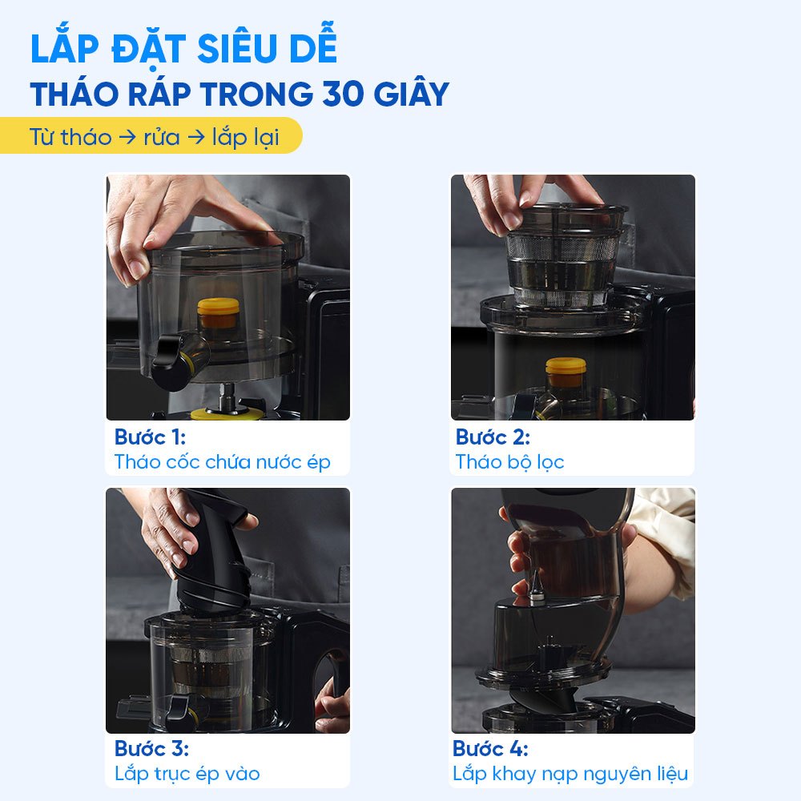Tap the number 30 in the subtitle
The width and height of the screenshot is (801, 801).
(x=343, y=94)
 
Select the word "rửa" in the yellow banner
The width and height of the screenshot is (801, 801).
(x=162, y=137)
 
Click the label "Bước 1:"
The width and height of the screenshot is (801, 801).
(x=150, y=437)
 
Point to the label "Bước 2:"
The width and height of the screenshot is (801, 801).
(x=493, y=437)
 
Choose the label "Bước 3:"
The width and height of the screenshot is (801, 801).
(x=151, y=748)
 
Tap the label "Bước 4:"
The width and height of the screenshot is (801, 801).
(x=490, y=748)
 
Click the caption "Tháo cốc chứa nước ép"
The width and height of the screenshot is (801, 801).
(x=222, y=462)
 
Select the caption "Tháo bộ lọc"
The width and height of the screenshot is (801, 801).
(x=509, y=462)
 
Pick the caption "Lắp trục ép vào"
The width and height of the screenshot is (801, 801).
(x=187, y=774)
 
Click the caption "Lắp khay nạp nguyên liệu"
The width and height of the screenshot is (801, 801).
(x=570, y=774)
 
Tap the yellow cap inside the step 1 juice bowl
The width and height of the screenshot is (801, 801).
(x=218, y=312)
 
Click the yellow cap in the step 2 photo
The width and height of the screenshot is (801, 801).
(x=566, y=372)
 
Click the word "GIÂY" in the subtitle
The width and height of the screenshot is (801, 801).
(x=411, y=94)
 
